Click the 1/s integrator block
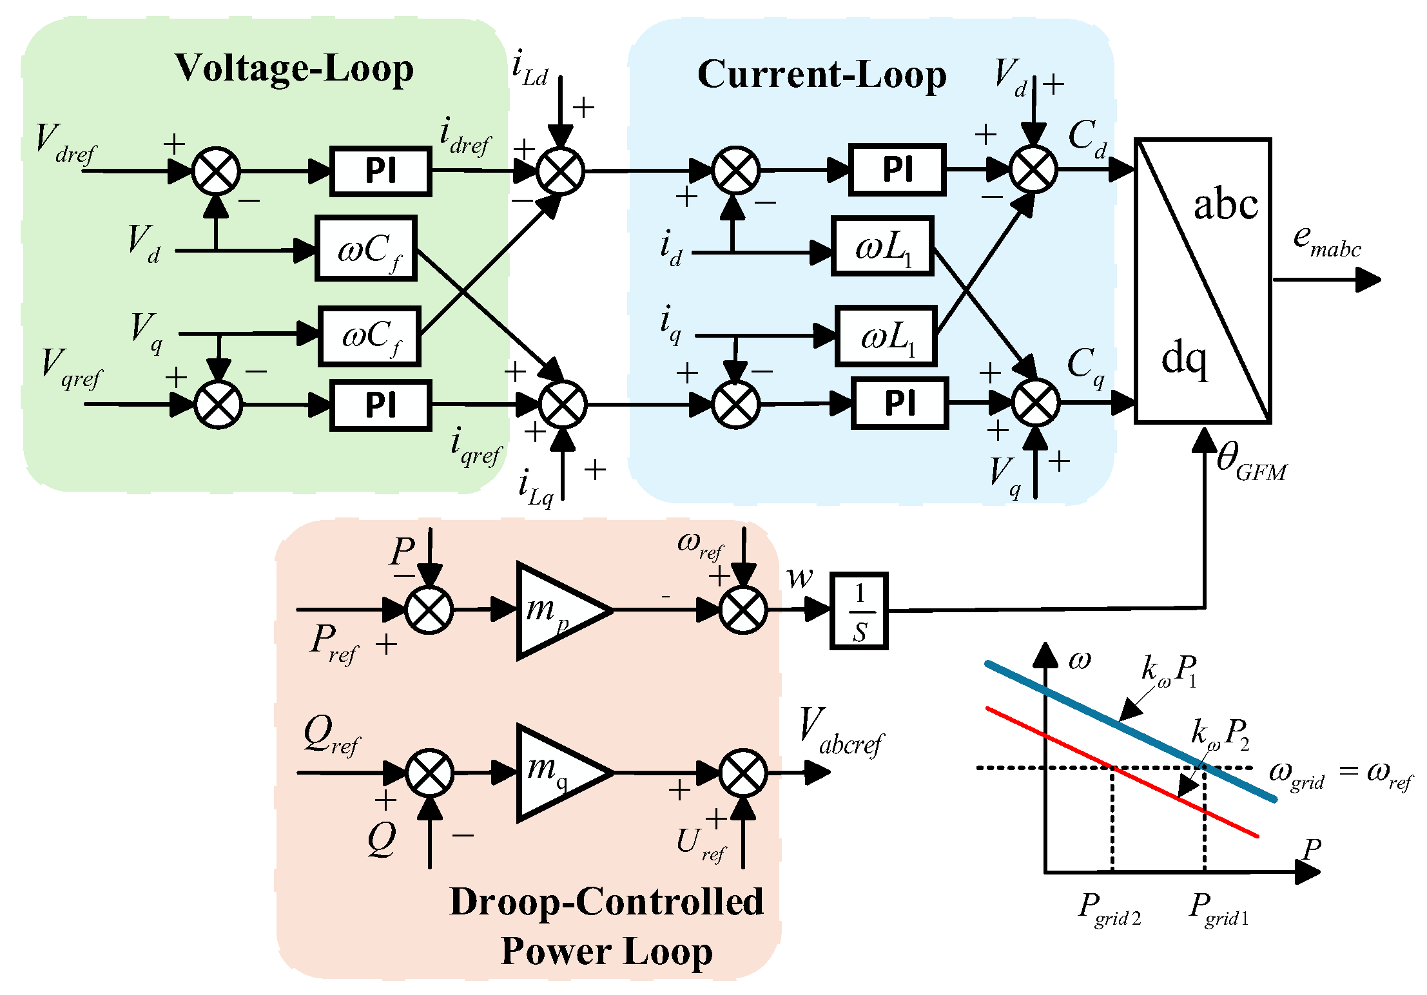coord(859,610)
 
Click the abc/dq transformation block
coord(1203,281)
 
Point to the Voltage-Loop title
coord(294,68)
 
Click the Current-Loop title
coord(822,75)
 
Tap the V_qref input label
coord(71,369)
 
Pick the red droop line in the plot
coord(1122,772)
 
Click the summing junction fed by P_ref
coord(429,610)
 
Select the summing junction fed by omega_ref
coord(743,610)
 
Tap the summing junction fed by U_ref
coord(743,773)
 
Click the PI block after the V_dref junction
coord(380,171)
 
